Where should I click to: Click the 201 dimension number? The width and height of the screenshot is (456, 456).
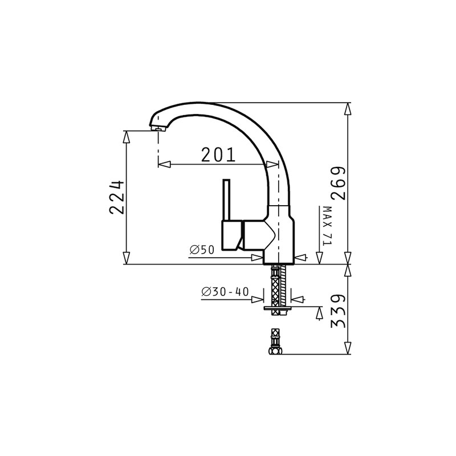tap(218, 154)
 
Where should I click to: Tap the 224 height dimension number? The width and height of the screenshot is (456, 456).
tap(117, 197)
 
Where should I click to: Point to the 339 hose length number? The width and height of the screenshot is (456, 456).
tap(338, 311)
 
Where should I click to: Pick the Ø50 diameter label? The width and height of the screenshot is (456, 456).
tap(202, 250)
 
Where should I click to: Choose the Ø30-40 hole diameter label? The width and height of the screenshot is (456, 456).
tap(225, 291)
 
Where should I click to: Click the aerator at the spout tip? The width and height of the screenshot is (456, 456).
tap(158, 128)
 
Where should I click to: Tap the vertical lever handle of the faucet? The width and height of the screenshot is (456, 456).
tap(226, 200)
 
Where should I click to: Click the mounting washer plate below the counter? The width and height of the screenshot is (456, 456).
tap(278, 308)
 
